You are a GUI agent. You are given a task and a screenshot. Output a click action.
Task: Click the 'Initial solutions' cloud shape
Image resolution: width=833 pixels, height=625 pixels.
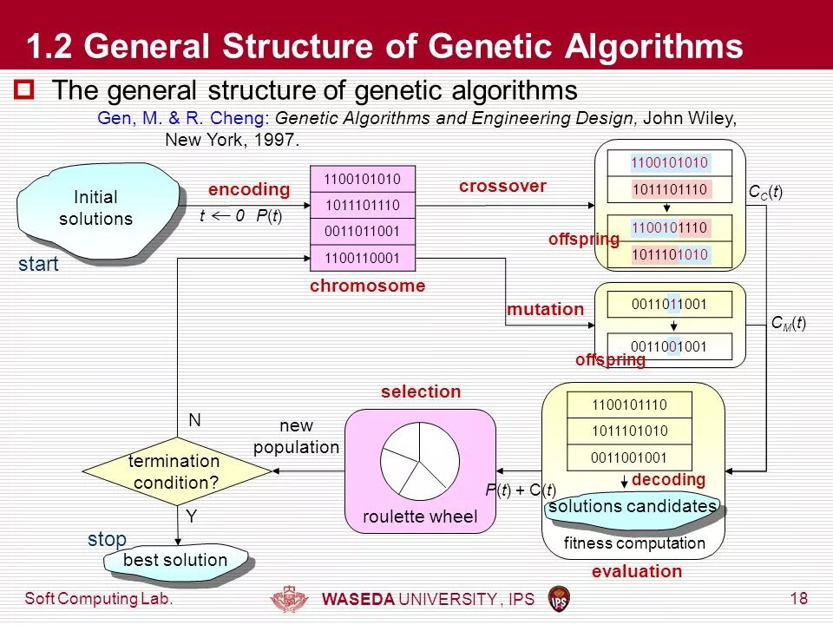click(95, 209)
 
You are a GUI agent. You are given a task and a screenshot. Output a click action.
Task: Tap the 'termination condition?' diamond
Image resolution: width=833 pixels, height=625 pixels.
click(174, 471)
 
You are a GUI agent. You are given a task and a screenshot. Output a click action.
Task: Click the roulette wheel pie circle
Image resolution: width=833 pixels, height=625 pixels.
click(420, 458)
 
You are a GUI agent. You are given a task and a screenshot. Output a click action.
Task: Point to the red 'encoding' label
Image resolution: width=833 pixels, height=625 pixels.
click(248, 189)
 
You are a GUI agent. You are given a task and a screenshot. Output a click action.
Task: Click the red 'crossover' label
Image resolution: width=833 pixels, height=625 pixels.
click(502, 186)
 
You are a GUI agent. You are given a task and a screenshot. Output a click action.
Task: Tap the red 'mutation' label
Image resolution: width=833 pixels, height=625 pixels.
click(545, 309)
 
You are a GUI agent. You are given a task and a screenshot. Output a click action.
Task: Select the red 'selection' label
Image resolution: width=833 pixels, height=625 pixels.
click(421, 391)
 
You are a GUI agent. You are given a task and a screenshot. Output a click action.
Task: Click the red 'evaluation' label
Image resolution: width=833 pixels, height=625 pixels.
click(637, 571)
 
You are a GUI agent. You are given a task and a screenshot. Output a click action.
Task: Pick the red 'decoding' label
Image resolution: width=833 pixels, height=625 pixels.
click(668, 480)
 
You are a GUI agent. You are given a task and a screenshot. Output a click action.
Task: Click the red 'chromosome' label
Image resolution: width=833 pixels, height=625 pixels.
click(368, 286)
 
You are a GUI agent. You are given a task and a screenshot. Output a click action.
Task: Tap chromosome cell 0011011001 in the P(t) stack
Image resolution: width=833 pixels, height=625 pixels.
click(363, 232)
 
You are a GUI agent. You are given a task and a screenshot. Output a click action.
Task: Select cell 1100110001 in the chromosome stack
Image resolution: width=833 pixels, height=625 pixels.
click(363, 258)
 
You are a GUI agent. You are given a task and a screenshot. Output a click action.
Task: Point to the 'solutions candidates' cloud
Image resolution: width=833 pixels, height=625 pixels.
click(633, 507)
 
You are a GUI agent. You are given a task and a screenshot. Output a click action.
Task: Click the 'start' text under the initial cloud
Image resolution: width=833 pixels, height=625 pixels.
click(38, 265)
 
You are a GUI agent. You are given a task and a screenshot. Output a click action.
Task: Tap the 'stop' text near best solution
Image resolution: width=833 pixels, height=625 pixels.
click(107, 539)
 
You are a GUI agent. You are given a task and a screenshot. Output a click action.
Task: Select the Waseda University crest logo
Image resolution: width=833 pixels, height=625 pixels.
click(291, 600)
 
